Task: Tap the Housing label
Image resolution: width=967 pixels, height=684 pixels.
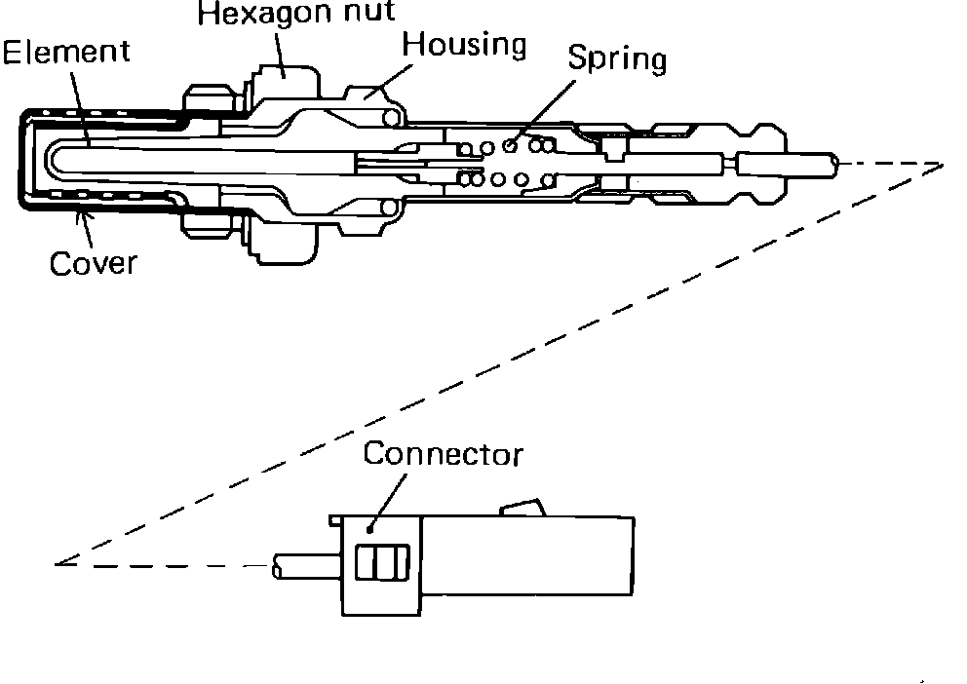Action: pos(464,46)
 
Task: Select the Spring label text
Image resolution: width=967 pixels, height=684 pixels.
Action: pos(617,59)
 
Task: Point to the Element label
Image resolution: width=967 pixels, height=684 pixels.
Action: pos(65,52)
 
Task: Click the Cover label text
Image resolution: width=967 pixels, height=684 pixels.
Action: pos(93,264)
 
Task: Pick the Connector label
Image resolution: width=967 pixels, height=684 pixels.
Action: pos(444,455)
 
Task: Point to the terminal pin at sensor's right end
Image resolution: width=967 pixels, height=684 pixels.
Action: pos(785,164)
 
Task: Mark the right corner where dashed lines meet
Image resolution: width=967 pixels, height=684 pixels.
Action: pos(943,165)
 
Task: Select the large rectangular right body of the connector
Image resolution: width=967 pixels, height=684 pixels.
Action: pos(526,565)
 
